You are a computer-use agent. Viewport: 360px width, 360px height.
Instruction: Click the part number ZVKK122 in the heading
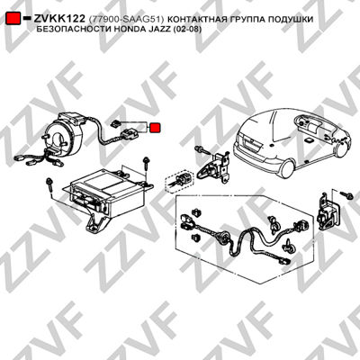pyautogui.click(x=59, y=19)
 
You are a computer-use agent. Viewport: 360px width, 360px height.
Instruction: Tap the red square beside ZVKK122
pyautogui.click(x=13, y=19)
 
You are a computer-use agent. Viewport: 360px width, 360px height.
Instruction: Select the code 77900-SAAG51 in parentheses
pyautogui.click(x=126, y=19)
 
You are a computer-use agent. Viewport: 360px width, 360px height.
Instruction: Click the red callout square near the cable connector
pyautogui.click(x=155, y=128)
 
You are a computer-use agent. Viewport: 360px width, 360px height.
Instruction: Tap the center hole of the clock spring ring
pyautogui.click(x=62, y=138)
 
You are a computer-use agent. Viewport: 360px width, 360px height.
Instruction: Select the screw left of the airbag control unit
pyautogui.click(x=49, y=186)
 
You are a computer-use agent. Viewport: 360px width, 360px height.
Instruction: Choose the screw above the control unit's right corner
pyautogui.click(x=146, y=164)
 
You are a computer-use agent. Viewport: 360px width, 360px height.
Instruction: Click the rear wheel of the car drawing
pyautogui.click(x=287, y=169)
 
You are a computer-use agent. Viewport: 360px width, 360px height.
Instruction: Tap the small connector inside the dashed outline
pyautogui.click(x=180, y=180)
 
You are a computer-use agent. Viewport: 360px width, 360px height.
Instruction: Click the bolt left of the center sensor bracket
pyautogui.click(x=202, y=149)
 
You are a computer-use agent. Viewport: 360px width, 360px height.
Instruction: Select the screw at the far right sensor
pyautogui.click(x=346, y=195)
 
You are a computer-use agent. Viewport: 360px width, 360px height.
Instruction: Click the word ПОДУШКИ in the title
pyautogui.click(x=291, y=19)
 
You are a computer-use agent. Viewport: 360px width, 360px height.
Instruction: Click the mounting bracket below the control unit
pyautogui.click(x=97, y=223)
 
